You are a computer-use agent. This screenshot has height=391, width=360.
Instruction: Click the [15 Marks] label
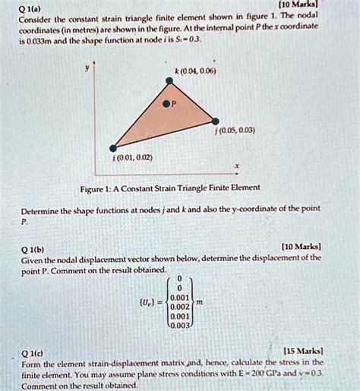304,352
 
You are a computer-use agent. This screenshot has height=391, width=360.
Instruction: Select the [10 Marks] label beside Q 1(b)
302,246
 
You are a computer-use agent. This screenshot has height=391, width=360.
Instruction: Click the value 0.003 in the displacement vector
182,326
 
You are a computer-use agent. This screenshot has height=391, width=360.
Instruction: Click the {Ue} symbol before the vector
147,299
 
